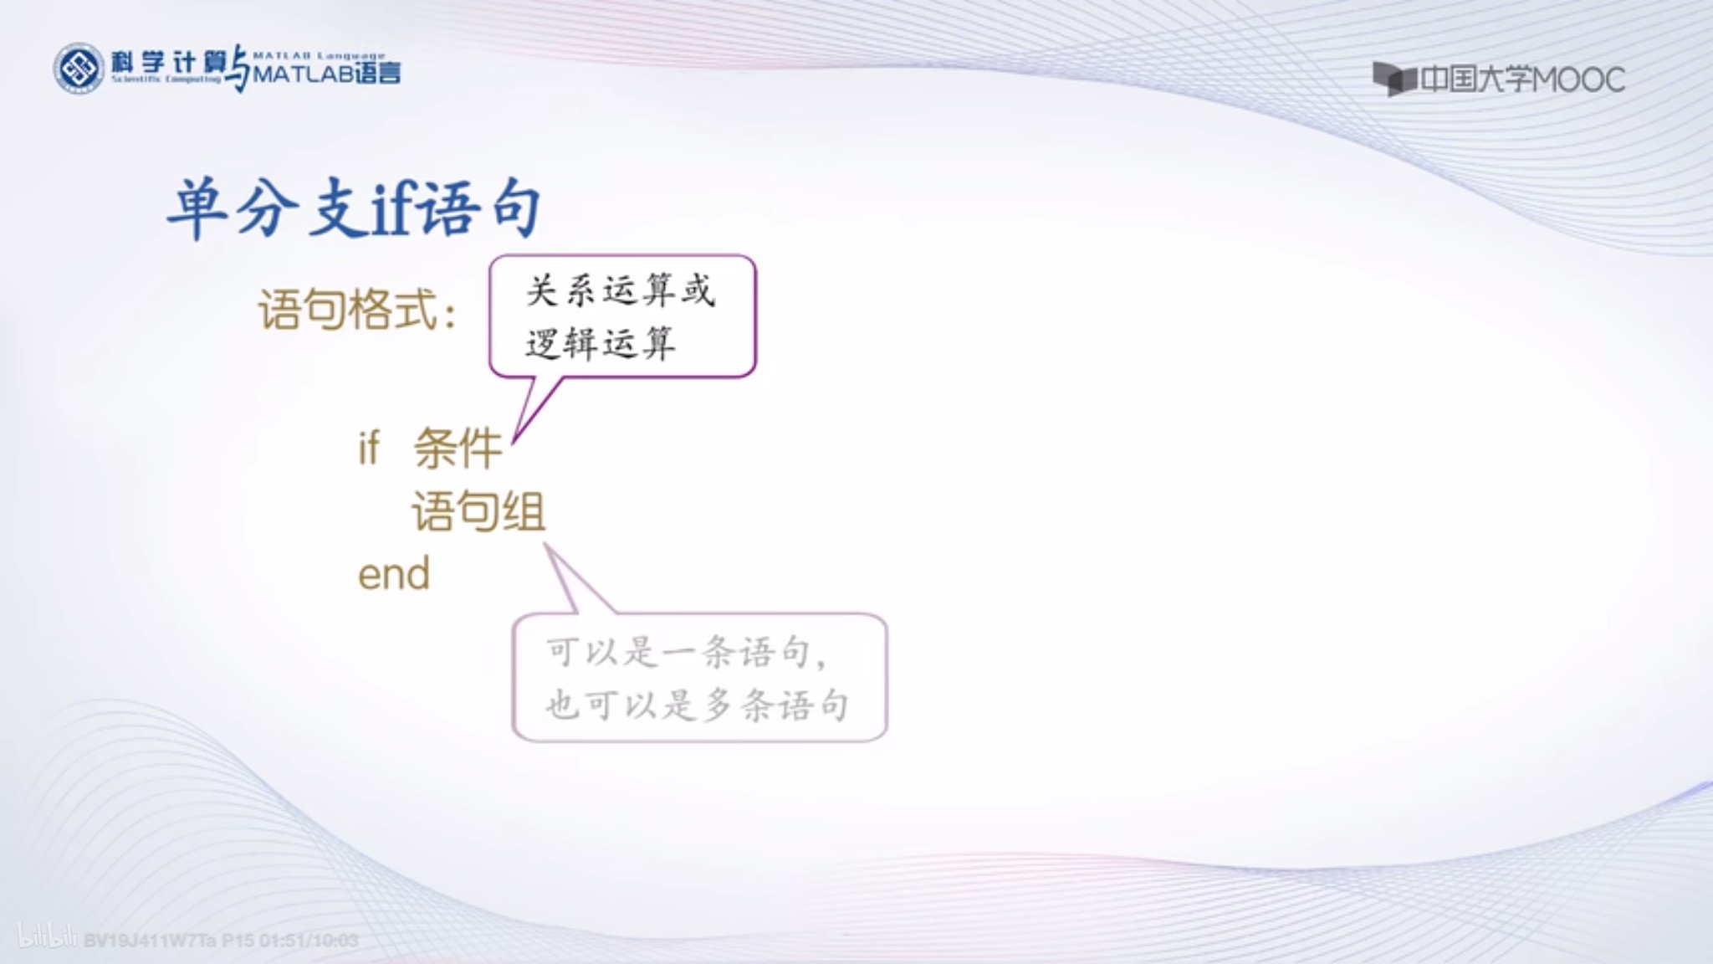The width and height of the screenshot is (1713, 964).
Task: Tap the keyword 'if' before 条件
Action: coord(368,448)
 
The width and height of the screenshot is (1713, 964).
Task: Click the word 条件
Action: coord(458,448)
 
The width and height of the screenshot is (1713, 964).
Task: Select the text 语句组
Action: coord(478,511)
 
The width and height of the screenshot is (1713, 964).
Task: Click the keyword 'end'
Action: coord(394,574)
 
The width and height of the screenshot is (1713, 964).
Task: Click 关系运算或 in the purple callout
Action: coord(620,291)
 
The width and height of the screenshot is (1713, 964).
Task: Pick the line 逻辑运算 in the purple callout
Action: coord(600,343)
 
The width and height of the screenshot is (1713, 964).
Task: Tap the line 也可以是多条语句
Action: coord(697,705)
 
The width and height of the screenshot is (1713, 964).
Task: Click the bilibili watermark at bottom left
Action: coord(48,938)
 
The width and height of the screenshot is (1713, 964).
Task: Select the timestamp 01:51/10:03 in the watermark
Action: coord(309,941)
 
